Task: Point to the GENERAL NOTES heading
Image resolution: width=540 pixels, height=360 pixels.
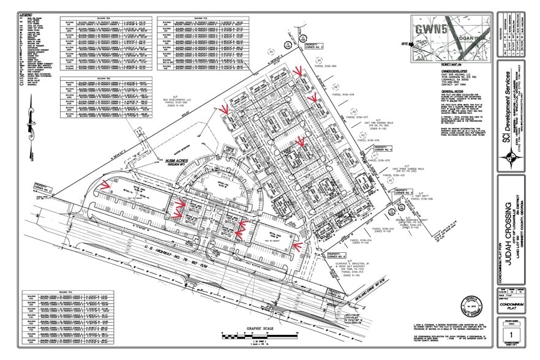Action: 426,91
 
